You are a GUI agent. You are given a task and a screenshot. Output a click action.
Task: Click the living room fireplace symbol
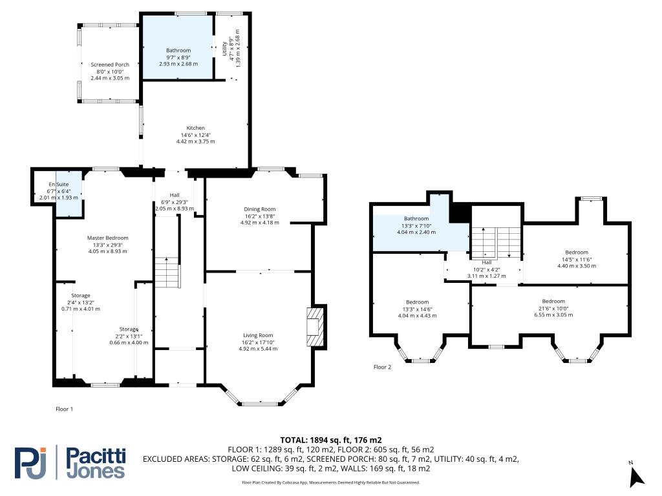tap(315, 327)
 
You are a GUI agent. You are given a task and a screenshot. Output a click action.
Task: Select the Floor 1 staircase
tap(167, 273)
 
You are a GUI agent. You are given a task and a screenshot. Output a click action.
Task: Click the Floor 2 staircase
tap(496, 243)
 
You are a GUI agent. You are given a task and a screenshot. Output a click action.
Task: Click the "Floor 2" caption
tap(383, 367)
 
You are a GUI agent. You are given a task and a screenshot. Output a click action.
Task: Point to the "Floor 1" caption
tap(65, 409)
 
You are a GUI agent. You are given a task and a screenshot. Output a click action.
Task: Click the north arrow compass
tap(636, 477)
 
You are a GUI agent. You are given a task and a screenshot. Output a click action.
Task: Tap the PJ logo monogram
tap(30, 462)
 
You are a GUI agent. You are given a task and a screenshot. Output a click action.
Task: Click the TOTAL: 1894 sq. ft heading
tap(331, 440)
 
